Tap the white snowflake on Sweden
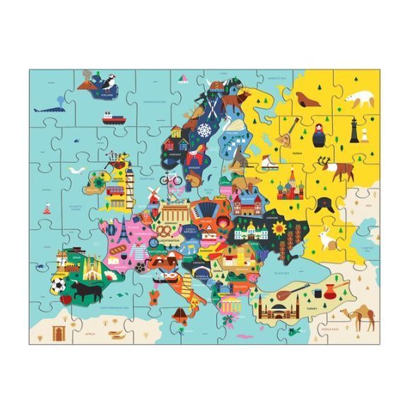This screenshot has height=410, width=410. point(204,131)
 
